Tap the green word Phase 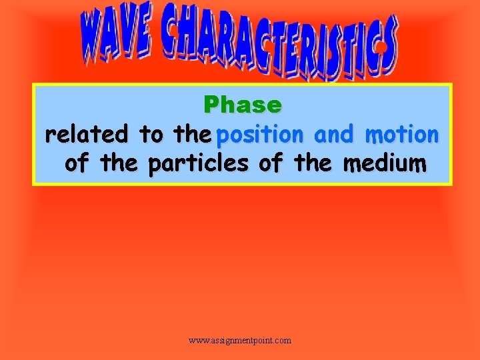tap(243, 105)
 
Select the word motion tap(401, 135)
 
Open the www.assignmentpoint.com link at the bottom tap(240, 341)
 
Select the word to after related tap(151, 135)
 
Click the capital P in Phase tap(211, 105)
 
